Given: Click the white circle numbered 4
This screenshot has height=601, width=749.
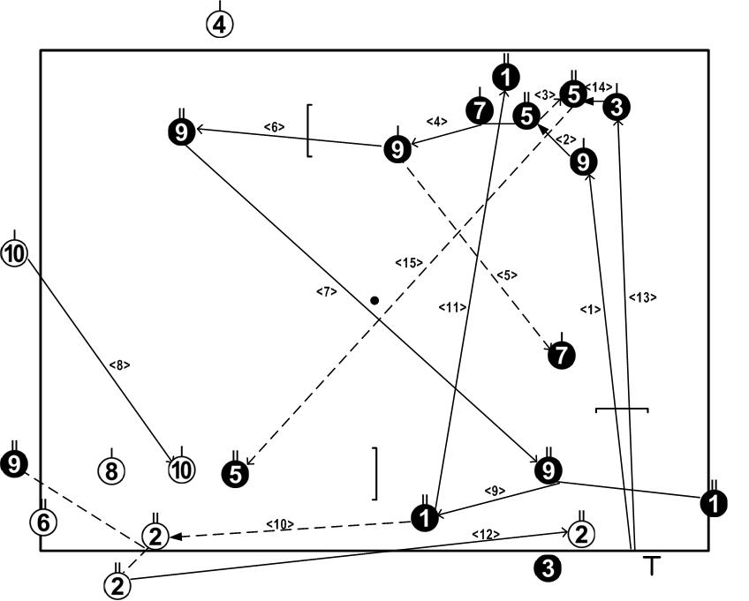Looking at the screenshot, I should [x=220, y=24].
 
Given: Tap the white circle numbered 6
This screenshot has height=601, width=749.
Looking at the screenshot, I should [x=43, y=522].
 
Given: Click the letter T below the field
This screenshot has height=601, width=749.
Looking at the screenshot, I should [x=651, y=567].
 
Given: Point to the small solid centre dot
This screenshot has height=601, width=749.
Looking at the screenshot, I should [x=374, y=301].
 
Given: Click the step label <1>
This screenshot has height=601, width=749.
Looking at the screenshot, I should [x=590, y=309].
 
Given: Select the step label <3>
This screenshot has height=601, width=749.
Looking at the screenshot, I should [x=544, y=94].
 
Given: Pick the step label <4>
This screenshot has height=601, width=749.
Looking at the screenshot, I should [x=436, y=121].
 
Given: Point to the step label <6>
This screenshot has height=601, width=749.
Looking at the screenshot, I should [x=274, y=127].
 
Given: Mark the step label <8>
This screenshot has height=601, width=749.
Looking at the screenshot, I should [x=119, y=364].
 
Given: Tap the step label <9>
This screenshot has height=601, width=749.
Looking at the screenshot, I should [x=495, y=491].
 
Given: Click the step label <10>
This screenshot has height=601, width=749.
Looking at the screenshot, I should [x=280, y=524].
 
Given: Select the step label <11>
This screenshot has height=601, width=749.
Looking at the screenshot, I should [x=451, y=307].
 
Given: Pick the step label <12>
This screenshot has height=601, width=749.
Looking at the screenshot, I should [x=486, y=534].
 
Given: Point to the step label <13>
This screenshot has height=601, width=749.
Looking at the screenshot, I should [x=642, y=297].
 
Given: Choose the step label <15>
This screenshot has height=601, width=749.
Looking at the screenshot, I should [x=410, y=262].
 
